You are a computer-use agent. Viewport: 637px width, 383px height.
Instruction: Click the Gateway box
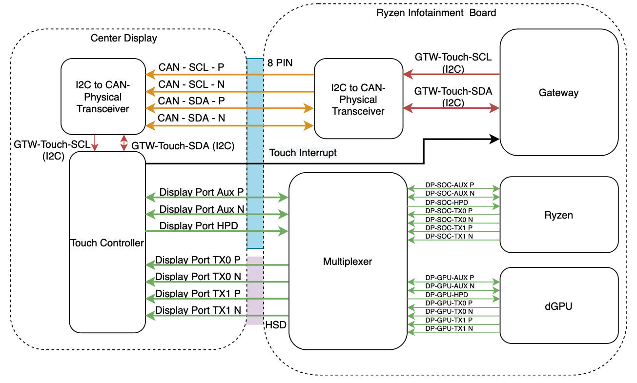[x=558, y=92]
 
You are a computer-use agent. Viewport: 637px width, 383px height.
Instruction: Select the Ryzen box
[x=558, y=215]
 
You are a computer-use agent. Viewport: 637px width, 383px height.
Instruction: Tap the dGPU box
[x=558, y=306]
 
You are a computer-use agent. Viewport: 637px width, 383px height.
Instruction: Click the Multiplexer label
[x=348, y=262]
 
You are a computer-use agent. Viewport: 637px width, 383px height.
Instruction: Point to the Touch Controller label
[x=107, y=243]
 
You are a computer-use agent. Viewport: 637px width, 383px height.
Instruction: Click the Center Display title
[x=124, y=38]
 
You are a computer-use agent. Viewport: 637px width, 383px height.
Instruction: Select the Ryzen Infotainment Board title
[x=436, y=13]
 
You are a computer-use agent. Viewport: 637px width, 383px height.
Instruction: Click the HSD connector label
[x=275, y=324]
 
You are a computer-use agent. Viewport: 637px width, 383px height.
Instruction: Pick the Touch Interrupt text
[x=303, y=153]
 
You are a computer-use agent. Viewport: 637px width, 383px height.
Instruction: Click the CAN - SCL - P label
[x=191, y=67]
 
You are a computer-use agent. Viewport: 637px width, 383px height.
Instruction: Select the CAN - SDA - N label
[x=191, y=118]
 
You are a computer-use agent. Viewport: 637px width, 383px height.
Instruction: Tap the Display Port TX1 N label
[x=198, y=310]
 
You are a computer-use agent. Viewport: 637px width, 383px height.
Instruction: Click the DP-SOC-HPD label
[x=447, y=202]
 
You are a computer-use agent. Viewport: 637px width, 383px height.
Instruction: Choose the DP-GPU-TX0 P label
[x=449, y=303]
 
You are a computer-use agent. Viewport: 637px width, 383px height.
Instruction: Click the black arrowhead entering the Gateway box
[x=495, y=139]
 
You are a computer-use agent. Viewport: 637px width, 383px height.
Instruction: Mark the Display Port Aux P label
[x=201, y=192]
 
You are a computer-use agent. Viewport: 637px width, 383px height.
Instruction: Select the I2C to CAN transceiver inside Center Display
[x=103, y=97]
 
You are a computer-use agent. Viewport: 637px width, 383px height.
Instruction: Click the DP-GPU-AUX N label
[x=450, y=286]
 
